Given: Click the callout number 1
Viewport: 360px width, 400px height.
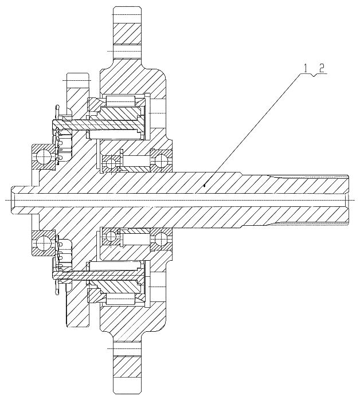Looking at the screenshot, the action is [304, 68].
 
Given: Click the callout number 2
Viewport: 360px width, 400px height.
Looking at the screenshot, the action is [322, 68].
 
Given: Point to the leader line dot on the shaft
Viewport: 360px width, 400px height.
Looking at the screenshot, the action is [205, 186].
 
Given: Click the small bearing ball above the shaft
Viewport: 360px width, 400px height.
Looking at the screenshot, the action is [111, 163].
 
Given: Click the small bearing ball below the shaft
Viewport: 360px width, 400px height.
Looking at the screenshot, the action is [111, 236].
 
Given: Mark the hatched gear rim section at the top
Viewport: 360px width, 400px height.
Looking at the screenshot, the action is [127, 34].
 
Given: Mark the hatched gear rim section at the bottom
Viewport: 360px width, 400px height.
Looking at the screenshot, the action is [127, 366].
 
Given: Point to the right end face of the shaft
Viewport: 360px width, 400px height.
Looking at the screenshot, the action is [349, 200].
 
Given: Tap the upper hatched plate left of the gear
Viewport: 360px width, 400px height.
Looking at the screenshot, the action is [78, 96].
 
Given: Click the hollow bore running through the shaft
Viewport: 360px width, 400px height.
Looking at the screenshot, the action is [179, 200].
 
